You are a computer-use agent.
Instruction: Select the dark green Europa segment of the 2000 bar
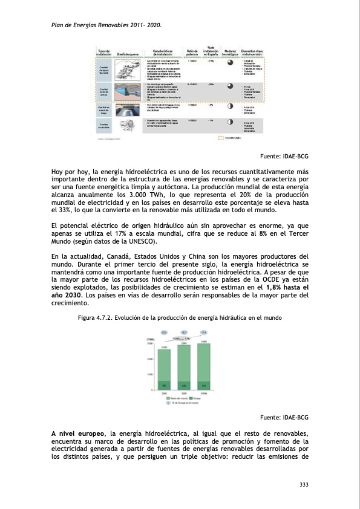pyautogui.click(x=164, y=385)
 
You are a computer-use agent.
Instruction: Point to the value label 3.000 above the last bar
pyautogui.click(x=204, y=342)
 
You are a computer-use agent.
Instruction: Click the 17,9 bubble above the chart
pyautogui.click(x=204, y=332)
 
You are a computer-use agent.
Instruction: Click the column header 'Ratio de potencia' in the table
pyautogui.click(x=193, y=53)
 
